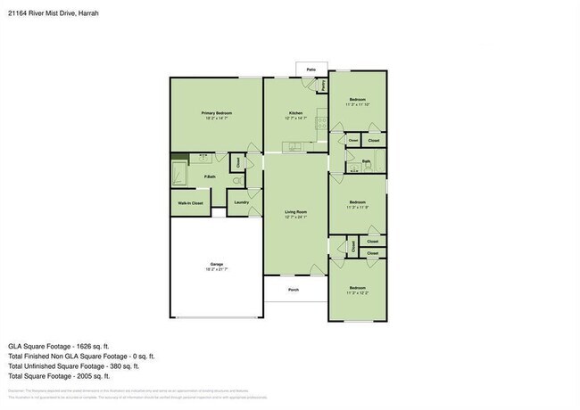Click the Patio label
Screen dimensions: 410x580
311,69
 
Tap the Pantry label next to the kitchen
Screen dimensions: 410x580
322,85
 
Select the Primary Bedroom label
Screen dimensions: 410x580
217,113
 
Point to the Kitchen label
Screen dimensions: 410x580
296,113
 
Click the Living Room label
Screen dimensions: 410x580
296,212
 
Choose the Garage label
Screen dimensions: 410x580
217,264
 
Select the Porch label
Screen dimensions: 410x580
294,290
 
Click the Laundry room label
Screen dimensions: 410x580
241,202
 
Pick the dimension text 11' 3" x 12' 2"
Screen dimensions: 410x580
357,291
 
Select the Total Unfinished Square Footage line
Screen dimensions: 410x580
74,365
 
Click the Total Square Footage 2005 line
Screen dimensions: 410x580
62,375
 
